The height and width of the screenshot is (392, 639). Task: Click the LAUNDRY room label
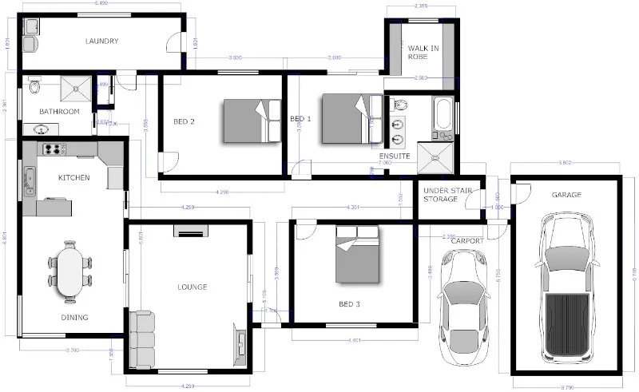[102, 42]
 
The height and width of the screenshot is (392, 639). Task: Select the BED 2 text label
[185, 122]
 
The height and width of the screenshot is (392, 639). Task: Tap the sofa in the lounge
[142, 339]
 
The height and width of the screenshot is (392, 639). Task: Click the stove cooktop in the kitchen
[53, 148]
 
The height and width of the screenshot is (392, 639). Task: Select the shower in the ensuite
[438, 156]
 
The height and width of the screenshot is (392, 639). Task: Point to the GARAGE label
[566, 195]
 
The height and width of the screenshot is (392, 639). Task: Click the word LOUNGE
[192, 287]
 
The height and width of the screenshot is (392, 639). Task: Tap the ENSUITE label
[395, 156]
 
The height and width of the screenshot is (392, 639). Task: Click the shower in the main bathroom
[77, 85]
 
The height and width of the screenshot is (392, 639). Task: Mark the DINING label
[74, 318]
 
